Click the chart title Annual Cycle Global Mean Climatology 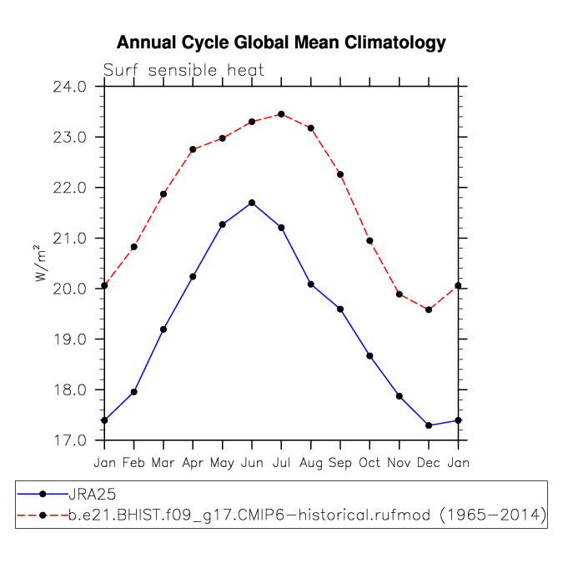pyautogui.click(x=281, y=43)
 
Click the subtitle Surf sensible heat pyautogui.click(x=183, y=71)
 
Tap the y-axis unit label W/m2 pyautogui.click(x=38, y=264)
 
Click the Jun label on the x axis pyautogui.click(x=252, y=461)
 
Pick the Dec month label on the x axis pyautogui.click(x=429, y=461)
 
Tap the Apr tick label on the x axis pyautogui.click(x=193, y=461)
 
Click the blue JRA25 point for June pyautogui.click(x=252, y=203)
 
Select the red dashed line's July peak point pyautogui.click(x=281, y=114)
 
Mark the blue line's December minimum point pyautogui.click(x=429, y=425)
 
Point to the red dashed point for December pyautogui.click(x=429, y=309)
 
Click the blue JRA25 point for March pyautogui.click(x=163, y=329)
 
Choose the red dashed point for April pyautogui.click(x=193, y=149)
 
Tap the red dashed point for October pyautogui.click(x=369, y=241)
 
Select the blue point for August pyautogui.click(x=310, y=284)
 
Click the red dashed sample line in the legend pyautogui.click(x=42, y=517)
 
